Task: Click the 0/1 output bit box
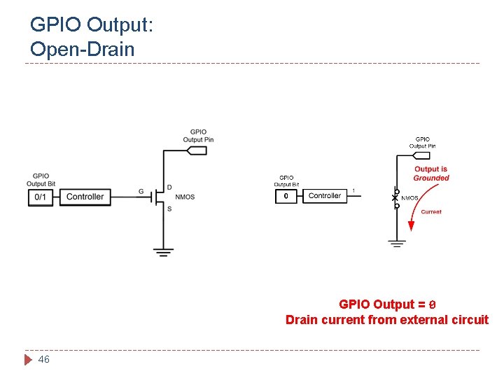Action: pos(41,197)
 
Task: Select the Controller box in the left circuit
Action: pos(85,197)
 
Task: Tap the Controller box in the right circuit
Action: pos(324,196)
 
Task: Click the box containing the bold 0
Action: pos(286,196)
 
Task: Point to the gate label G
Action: pos(141,191)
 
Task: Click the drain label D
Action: pos(169,188)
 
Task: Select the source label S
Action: pos(169,208)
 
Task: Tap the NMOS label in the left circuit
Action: pos(185,197)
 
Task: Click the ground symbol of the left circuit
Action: pos(164,252)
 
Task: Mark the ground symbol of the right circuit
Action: pos(397,244)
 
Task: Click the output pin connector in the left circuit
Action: pos(198,149)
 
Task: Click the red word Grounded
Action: pos(431,178)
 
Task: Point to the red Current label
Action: pos(431,211)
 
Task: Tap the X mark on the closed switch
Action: pos(395,198)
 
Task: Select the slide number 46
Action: pos(43,359)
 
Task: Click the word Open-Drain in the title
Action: pos(82,49)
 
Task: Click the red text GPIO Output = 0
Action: pos(387,304)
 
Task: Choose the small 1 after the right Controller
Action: pos(353,190)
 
